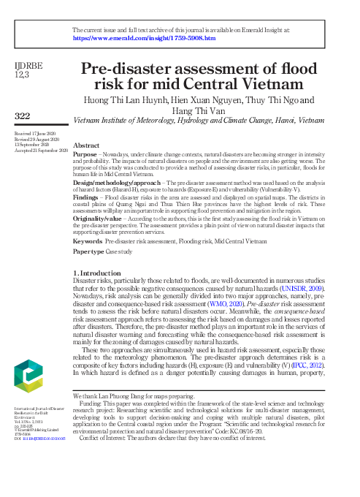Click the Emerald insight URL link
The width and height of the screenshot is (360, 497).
click(x=144, y=37)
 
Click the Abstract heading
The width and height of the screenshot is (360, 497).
click(x=87, y=146)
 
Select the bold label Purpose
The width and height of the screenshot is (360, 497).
click(x=86, y=155)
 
